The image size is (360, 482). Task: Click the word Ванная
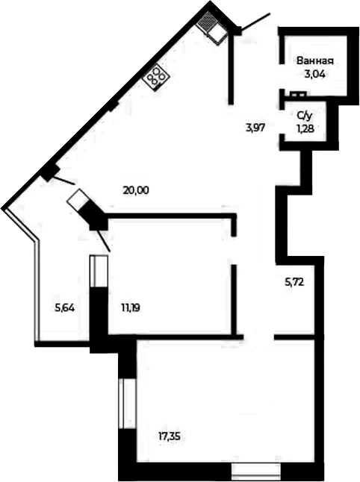(x=315, y=60)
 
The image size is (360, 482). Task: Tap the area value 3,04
(x=314, y=75)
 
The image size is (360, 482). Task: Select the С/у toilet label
(x=305, y=116)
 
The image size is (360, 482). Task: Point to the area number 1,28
(x=305, y=128)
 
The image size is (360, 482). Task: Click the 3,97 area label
(x=255, y=128)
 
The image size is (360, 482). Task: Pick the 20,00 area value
(x=136, y=190)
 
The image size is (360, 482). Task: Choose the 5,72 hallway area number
(x=294, y=281)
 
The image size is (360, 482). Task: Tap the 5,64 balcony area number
(x=65, y=307)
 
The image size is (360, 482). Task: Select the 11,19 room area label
(x=131, y=307)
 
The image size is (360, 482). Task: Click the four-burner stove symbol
(x=156, y=76)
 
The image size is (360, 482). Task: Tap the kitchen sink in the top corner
(x=212, y=28)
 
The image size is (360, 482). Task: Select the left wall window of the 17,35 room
(x=127, y=403)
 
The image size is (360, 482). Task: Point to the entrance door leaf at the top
(x=255, y=21)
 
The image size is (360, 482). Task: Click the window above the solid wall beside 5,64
(x=99, y=271)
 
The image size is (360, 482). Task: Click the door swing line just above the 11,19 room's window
(x=103, y=241)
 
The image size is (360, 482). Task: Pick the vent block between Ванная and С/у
(x=297, y=94)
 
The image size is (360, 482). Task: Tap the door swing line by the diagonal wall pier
(x=63, y=181)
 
